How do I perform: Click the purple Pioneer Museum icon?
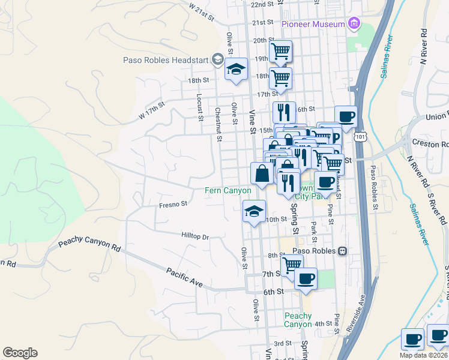pyautogui.click(x=354, y=24)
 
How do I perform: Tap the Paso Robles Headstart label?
pyautogui.click(x=166, y=59)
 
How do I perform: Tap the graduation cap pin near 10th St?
pyautogui.click(x=254, y=211)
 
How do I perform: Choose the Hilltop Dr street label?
pyautogui.click(x=195, y=237)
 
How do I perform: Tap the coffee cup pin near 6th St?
pyautogui.click(x=306, y=279)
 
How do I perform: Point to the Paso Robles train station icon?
pyautogui.click(x=342, y=251)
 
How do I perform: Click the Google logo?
pyautogui.click(x=20, y=353)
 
